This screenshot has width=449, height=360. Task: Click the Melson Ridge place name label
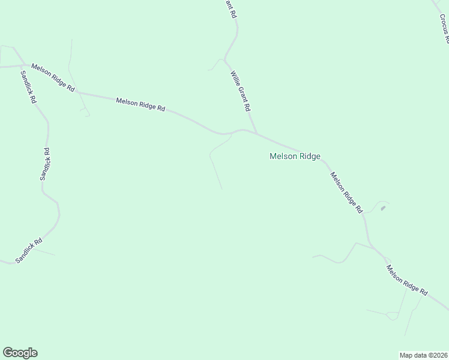pos(295,157)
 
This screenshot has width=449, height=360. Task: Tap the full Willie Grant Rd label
pos(240,92)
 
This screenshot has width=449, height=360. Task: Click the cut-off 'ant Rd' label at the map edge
pos(229,9)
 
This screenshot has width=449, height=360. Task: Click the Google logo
pos(20,353)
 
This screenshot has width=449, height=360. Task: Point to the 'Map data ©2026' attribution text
pos(424,355)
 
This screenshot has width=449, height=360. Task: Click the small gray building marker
pos(383,208)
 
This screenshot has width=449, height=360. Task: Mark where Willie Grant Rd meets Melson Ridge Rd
pos(258,133)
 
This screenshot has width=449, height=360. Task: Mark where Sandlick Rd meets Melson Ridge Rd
pos(23,65)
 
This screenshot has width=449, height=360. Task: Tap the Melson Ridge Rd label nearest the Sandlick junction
pos(53,77)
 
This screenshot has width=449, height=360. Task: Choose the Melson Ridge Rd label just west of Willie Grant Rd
pos(140,104)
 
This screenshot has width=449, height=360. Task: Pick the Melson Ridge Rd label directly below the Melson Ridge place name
pos(346,193)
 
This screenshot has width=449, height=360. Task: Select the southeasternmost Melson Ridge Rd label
pos(406,280)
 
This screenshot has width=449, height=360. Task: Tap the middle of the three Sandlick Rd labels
pos(45,164)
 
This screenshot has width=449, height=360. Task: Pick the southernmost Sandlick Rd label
pos(29,250)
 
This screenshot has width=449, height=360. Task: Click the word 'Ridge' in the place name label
pos(310,157)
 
